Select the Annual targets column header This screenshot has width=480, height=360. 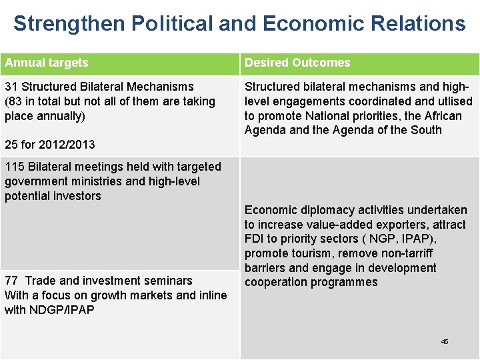point(47,63)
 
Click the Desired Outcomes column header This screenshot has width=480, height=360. point(297,63)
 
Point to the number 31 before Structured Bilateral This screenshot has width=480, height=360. point(11,87)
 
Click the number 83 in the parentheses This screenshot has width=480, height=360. point(15,101)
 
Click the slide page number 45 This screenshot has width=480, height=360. point(445,341)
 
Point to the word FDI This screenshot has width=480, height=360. point(254,239)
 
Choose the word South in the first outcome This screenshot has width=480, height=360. point(426,130)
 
